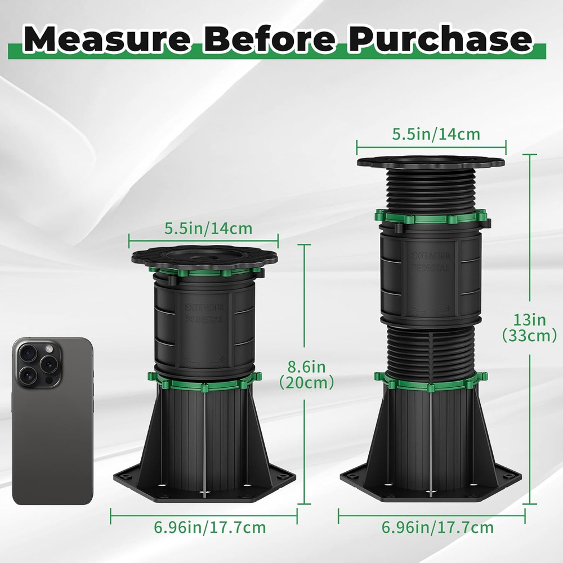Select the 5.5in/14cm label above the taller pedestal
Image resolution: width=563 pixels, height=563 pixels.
click(x=436, y=134)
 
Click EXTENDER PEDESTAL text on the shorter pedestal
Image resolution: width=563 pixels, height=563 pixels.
click(x=204, y=313)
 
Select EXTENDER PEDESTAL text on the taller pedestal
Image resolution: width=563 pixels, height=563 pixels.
click(x=431, y=262)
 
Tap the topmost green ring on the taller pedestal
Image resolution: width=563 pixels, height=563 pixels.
click(x=431, y=217)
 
